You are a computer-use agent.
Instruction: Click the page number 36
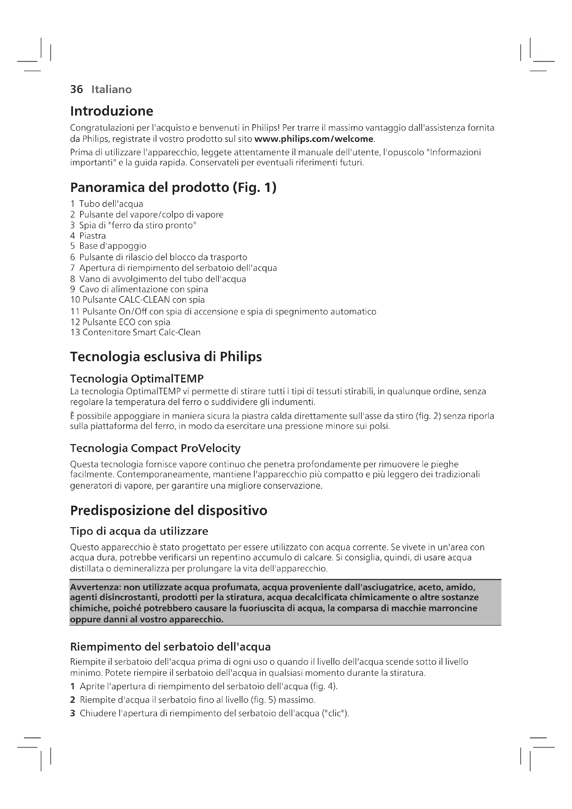click(76, 90)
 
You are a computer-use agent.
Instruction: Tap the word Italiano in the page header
click(111, 90)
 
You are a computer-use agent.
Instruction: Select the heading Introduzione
click(112, 111)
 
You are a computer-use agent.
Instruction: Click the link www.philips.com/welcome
click(313, 139)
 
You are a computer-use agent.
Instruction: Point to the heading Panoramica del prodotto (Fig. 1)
click(173, 187)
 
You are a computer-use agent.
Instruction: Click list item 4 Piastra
click(88, 236)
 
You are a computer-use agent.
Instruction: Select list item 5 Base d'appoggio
click(108, 246)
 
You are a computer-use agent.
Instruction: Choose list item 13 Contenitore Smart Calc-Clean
click(135, 333)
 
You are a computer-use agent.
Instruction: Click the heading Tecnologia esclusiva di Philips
click(166, 357)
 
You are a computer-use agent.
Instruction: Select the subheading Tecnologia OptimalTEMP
click(137, 379)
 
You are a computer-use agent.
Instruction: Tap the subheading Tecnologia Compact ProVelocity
click(155, 448)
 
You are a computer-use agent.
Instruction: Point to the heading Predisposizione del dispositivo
click(169, 511)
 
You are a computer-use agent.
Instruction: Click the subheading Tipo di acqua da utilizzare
click(139, 531)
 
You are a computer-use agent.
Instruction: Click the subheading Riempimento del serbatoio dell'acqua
click(170, 646)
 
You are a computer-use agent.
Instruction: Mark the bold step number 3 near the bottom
click(73, 714)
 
